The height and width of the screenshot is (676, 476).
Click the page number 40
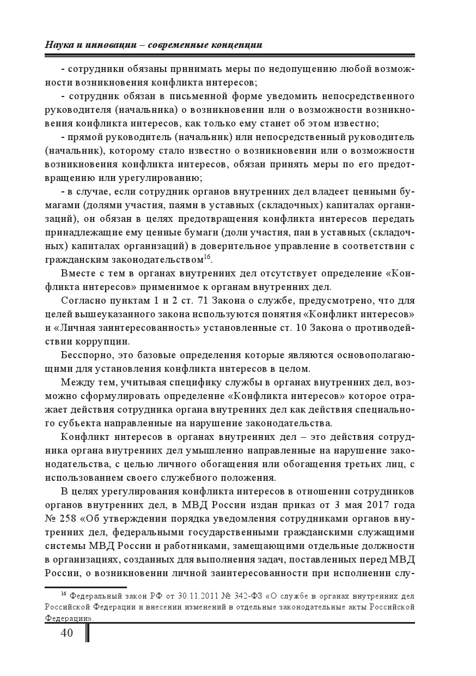pyautogui.click(x=66, y=632)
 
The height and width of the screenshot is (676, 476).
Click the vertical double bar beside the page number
pyautogui.click(x=88, y=632)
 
